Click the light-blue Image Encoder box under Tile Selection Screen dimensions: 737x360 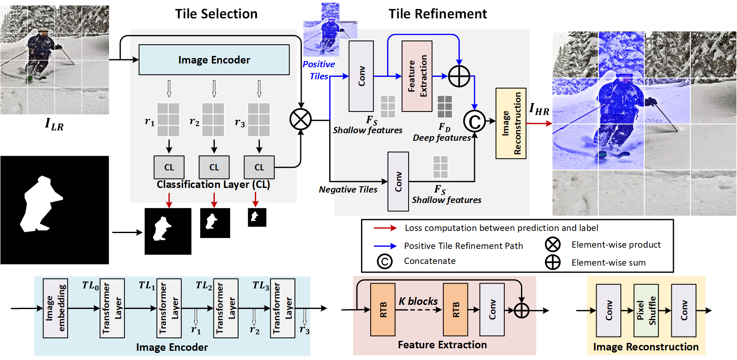[x=214, y=60]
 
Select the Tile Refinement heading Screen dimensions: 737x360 [x=437, y=14]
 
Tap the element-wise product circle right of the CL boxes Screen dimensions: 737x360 [x=300, y=119]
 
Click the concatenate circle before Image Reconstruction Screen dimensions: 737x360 [x=474, y=122]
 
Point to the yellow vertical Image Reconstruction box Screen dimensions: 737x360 [x=511, y=123]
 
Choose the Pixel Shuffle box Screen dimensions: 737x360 [x=646, y=310]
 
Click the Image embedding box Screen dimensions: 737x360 [x=55, y=308]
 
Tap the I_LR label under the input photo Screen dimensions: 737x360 [x=54, y=124]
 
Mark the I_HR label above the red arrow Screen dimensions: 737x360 [x=539, y=109]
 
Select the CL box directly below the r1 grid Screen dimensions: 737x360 [x=169, y=167]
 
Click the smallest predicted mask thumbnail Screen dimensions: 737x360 [x=257, y=217]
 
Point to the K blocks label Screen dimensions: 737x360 [x=418, y=301]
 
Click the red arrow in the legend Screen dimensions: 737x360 [x=385, y=228]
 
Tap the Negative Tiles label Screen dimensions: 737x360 [x=348, y=190]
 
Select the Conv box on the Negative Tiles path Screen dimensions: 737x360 [x=398, y=181]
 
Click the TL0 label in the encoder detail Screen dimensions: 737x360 [x=90, y=286]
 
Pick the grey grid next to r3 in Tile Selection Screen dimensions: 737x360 [x=259, y=119]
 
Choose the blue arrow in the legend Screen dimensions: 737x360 [x=385, y=246]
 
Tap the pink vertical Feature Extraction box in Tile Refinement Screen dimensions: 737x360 [x=417, y=76]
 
